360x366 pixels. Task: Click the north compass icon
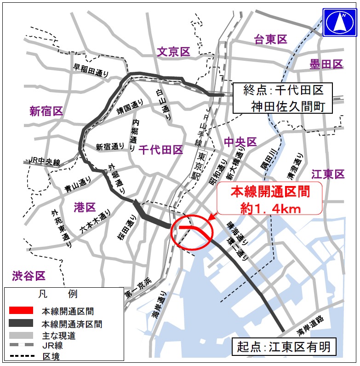pyautogui.click(x=341, y=22)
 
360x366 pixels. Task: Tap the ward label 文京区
pyautogui.click(x=173, y=52)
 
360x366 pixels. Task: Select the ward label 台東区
pyautogui.click(x=271, y=40)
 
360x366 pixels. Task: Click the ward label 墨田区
pyautogui.click(x=326, y=64)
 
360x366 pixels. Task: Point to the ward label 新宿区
pyautogui.click(x=46, y=111)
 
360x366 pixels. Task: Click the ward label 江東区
pyautogui.click(x=328, y=174)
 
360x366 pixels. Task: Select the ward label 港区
pyautogui.click(x=84, y=207)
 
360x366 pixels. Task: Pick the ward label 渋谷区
pyautogui.click(x=29, y=276)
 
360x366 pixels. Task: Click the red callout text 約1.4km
pyautogui.click(x=271, y=209)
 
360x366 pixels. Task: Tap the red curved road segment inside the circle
pyautogui.click(x=193, y=229)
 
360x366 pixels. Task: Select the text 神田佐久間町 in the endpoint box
pyautogui.click(x=285, y=107)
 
